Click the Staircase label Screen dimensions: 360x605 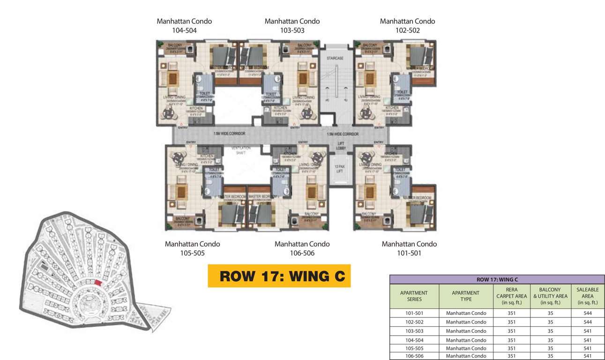[335, 58]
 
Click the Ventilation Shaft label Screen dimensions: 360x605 [241, 150]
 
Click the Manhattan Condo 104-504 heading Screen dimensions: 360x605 [184, 26]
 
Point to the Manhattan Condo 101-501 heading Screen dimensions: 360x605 [409, 248]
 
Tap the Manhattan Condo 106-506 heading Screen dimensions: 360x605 [302, 248]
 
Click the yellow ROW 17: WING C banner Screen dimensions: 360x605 [279, 276]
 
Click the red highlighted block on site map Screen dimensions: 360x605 [97, 282]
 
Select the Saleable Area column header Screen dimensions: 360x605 [587, 296]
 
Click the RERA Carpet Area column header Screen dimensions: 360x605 [511, 296]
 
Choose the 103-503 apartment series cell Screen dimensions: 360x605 [414, 331]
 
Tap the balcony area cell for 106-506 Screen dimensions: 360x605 [550, 356]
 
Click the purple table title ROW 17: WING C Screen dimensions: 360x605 [497, 279]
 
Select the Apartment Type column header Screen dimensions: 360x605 [465, 296]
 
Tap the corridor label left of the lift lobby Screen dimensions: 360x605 [229, 134]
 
